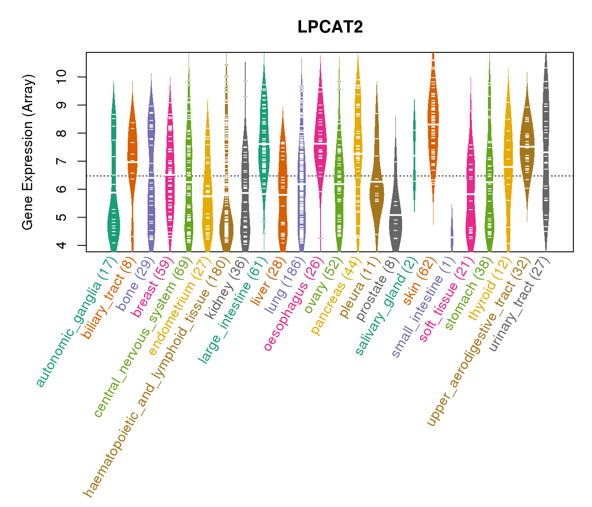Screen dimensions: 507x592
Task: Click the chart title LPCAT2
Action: pos(330,27)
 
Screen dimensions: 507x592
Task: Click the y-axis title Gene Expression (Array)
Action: pos(28,153)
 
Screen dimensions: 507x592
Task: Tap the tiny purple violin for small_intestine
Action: pos(452,232)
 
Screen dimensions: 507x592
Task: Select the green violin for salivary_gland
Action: pos(414,156)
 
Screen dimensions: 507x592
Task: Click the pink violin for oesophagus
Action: pos(321,144)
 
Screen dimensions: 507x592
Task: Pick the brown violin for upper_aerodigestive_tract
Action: pos(527,148)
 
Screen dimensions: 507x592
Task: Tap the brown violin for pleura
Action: pos(376,190)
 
